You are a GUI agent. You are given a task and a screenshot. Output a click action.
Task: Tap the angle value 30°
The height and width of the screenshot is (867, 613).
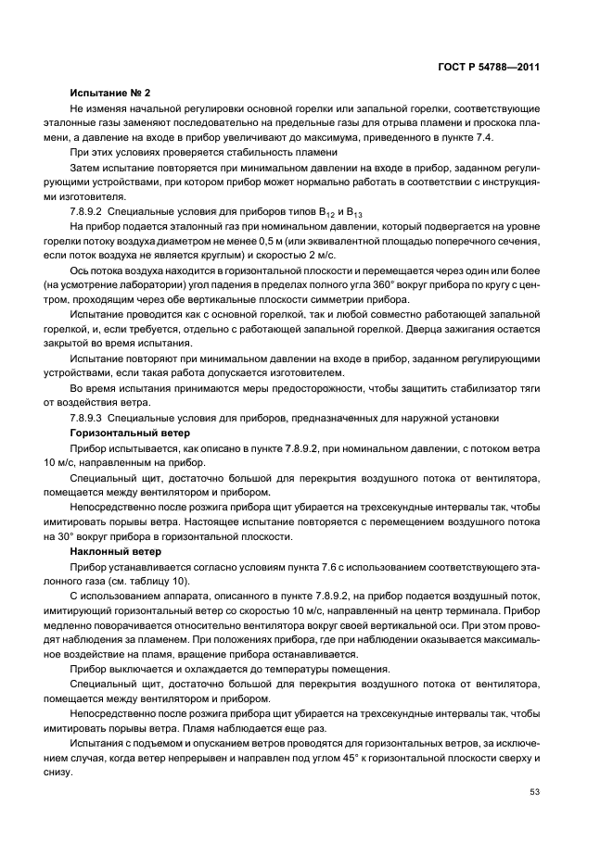click(x=65, y=536)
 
